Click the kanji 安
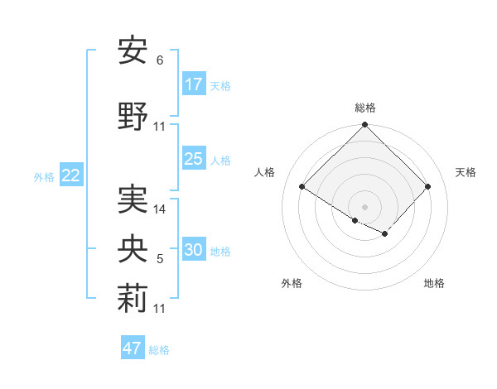pos(133,51)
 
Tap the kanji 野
pos(133,117)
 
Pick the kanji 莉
pos(133,300)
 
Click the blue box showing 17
pos(194,84)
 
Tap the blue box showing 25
pos(194,159)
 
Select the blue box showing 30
pos(194,250)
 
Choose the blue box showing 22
pos(71,175)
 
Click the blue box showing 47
pos(133,348)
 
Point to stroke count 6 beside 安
pos(159,60)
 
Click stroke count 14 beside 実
pos(160,209)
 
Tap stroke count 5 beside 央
pos(159,260)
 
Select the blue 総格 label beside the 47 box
pos(159,350)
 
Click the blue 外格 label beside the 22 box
pos(44,176)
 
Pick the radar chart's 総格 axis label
pos(364,108)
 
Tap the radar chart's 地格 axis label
pos(434,283)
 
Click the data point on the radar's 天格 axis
pos(427,186)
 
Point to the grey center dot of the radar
pos(364,205)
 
